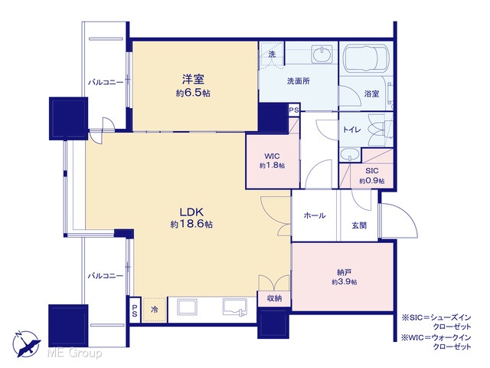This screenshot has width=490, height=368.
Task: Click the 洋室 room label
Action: click(x=193, y=79)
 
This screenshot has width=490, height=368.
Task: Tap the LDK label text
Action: click(x=191, y=212)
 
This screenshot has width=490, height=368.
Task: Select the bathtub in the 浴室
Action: click(x=366, y=58)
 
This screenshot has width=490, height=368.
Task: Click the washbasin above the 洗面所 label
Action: click(x=322, y=54)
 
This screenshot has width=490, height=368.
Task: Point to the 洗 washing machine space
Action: click(x=272, y=54)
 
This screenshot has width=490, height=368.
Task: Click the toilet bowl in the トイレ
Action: click(x=376, y=130)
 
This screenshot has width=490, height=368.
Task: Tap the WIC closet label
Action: click(x=272, y=156)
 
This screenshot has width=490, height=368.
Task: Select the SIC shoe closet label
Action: click(x=372, y=171)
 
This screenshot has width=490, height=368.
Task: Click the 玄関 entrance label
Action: click(x=359, y=225)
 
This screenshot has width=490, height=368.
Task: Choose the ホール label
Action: click(x=315, y=215)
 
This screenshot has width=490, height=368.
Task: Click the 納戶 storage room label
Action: click(x=344, y=272)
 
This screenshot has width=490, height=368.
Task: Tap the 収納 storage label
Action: click(x=274, y=298)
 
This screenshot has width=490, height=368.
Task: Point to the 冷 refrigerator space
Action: click(x=155, y=310)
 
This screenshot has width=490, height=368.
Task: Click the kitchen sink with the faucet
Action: click(x=235, y=307)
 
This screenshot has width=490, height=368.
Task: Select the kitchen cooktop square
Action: click(x=188, y=307)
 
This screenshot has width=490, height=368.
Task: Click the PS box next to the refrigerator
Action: click(x=135, y=310)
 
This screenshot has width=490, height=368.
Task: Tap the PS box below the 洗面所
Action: click(x=294, y=110)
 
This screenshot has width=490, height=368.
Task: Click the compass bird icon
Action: click(x=26, y=343)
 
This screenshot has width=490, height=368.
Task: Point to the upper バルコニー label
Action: click(x=106, y=82)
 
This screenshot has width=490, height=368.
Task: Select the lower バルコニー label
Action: click(x=106, y=276)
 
